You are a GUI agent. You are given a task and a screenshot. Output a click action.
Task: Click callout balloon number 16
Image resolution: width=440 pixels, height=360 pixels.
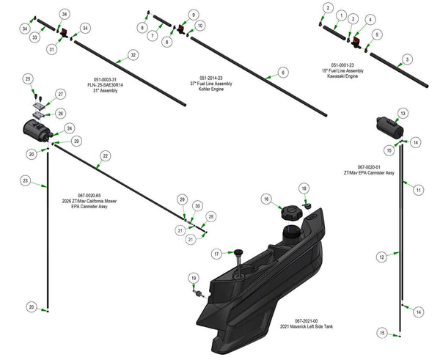(x=267, y=199)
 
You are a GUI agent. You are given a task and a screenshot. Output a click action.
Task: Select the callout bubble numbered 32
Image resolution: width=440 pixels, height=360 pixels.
(x=133, y=55)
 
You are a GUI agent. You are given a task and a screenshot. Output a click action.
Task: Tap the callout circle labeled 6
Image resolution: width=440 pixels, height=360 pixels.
(x=282, y=73)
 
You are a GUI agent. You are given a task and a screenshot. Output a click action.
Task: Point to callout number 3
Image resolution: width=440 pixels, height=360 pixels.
(x=407, y=59)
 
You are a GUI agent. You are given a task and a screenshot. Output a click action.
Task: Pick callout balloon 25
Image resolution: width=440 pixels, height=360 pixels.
(x=28, y=78)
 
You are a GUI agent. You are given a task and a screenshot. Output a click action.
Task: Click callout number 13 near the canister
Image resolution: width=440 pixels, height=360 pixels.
(x=403, y=114)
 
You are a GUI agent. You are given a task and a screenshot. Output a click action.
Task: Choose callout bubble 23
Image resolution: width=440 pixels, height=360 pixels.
(x=25, y=180)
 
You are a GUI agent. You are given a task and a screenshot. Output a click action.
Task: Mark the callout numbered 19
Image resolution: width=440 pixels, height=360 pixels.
(x=193, y=278)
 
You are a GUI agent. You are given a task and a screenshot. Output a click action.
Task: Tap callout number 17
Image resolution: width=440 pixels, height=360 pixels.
(x=217, y=253)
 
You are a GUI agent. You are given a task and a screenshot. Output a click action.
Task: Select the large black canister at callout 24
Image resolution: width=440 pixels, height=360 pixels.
(x=34, y=133)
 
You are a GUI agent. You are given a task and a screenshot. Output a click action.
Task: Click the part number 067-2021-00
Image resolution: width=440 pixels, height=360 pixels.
(x=314, y=320)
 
